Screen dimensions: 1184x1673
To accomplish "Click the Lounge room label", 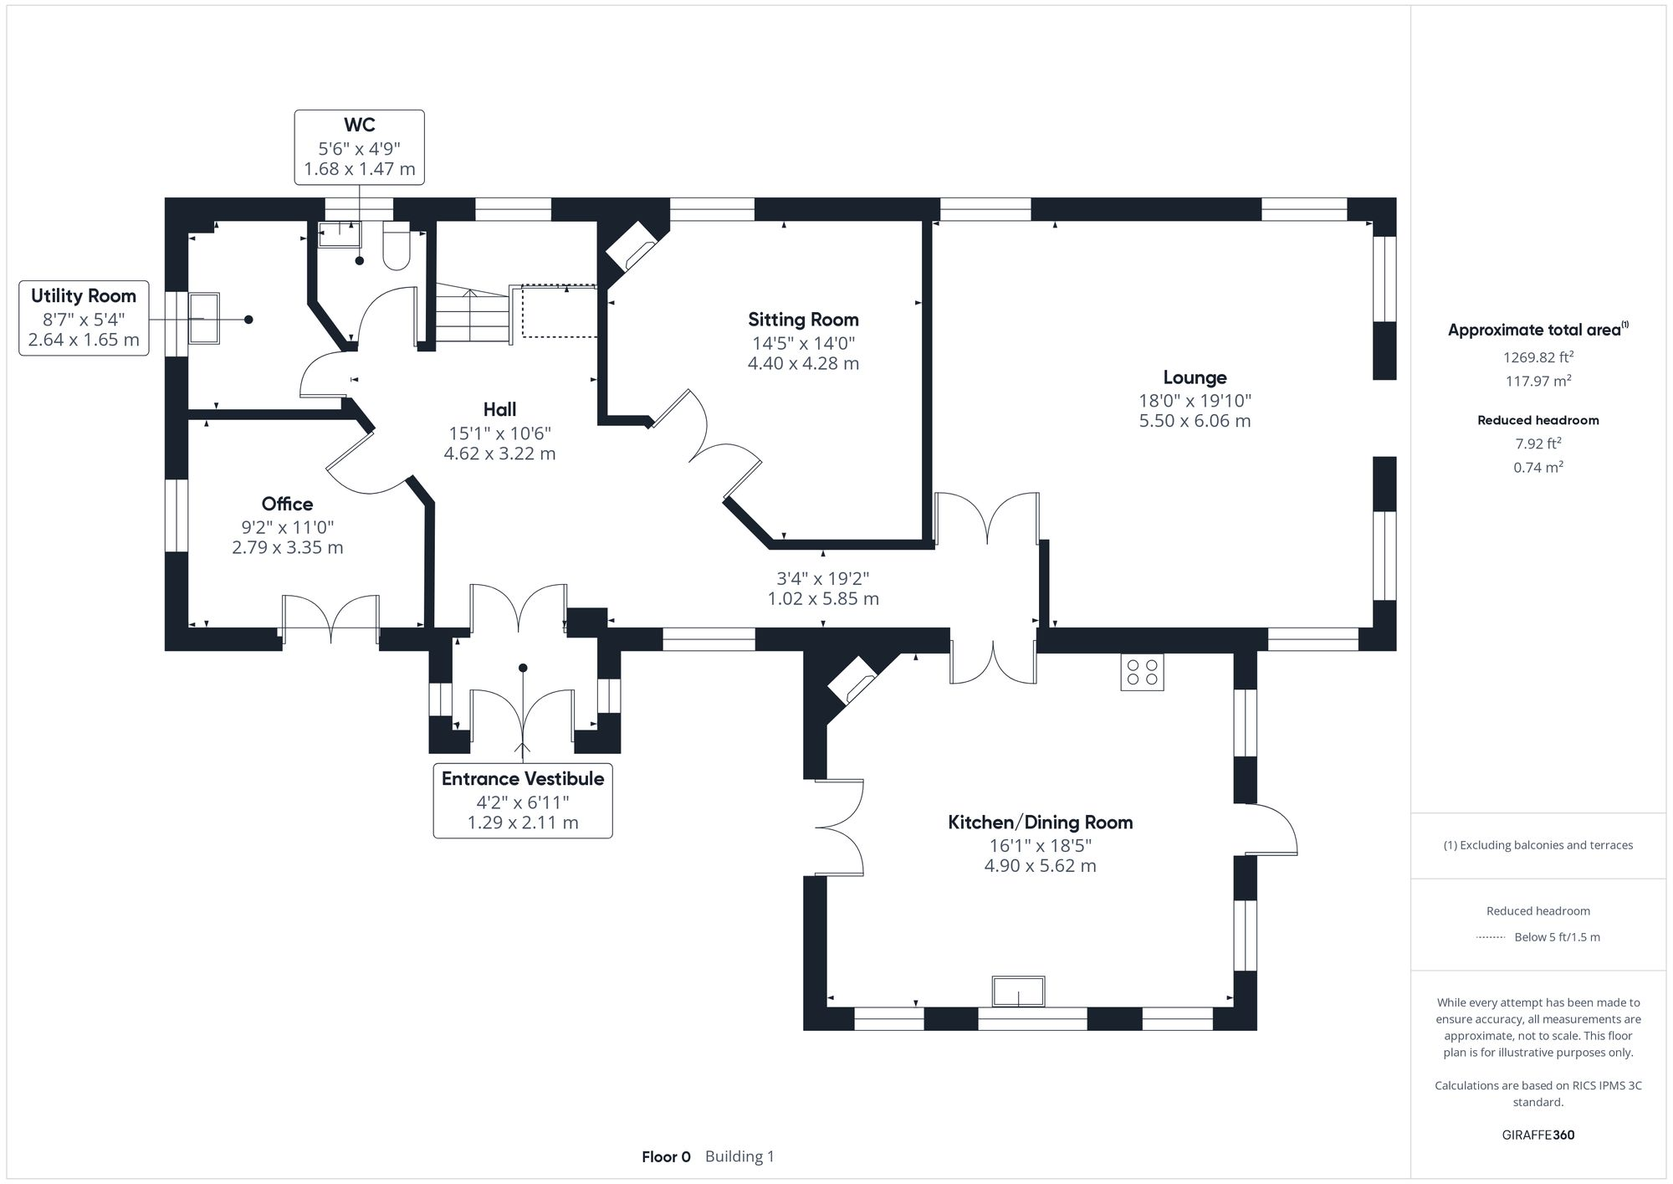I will point(1195,377).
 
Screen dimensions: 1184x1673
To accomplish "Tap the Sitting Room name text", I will point(803,320).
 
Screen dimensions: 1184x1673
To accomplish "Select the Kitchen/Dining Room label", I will point(1040,823).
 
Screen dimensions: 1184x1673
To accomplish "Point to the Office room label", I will point(287,504).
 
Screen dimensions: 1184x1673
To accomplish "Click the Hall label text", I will point(499,409).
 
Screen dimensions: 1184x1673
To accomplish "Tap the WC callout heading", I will point(359,126).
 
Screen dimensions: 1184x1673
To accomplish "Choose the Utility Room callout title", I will point(84,296).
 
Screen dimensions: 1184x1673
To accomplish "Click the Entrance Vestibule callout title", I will point(523,779).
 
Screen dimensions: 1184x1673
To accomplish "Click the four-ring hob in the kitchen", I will point(1142,673).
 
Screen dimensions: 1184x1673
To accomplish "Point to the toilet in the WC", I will point(396,247).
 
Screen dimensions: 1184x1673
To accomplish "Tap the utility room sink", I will point(203,318).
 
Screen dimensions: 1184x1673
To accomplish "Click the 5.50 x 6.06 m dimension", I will point(1195,421).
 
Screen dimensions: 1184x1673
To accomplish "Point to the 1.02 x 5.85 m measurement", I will point(823,599).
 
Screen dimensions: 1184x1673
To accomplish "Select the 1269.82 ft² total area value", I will point(1537,357).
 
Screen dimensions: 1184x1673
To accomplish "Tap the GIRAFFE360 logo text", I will point(1537,1135).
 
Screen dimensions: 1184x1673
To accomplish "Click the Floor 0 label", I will point(666,1157).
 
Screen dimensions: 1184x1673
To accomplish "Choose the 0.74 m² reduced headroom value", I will point(1537,468).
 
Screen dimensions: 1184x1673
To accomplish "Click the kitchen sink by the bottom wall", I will point(1018,992).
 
